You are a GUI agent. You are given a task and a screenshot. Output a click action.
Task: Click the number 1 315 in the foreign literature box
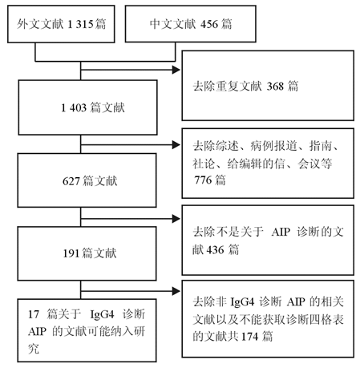[x=80, y=24]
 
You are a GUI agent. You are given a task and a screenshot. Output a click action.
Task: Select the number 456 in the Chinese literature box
[x=209, y=24]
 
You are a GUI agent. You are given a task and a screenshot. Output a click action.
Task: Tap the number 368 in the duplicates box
[x=275, y=87]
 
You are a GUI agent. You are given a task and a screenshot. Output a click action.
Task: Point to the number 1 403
[x=74, y=108]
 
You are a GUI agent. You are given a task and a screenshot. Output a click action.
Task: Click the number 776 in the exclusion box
[x=203, y=180]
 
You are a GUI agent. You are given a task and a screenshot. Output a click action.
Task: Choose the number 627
[x=71, y=181]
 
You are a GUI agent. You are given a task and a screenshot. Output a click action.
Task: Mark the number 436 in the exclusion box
[x=215, y=250]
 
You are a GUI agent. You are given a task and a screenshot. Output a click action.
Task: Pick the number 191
[x=71, y=253]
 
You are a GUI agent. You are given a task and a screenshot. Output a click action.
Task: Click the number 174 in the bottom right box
[x=250, y=337]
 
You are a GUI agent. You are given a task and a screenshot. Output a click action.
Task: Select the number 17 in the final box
[x=34, y=314]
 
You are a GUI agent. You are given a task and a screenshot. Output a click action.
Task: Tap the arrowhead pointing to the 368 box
[x=176, y=70]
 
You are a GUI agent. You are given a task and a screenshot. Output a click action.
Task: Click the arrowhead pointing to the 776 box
[x=176, y=145]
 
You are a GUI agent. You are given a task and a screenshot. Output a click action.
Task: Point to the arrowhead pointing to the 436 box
[x=176, y=219]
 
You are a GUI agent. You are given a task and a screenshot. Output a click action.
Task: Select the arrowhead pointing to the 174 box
[x=176, y=291]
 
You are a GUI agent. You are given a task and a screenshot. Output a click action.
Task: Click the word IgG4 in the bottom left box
[x=103, y=314]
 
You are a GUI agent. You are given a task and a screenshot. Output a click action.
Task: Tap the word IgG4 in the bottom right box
[x=242, y=302]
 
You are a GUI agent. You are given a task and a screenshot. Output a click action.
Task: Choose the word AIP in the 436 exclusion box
[x=281, y=232]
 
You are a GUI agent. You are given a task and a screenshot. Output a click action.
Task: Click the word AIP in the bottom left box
[x=37, y=332]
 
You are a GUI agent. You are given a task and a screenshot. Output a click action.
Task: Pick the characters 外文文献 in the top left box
[x=40, y=24]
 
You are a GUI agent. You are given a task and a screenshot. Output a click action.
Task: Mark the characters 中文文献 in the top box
[x=173, y=24]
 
